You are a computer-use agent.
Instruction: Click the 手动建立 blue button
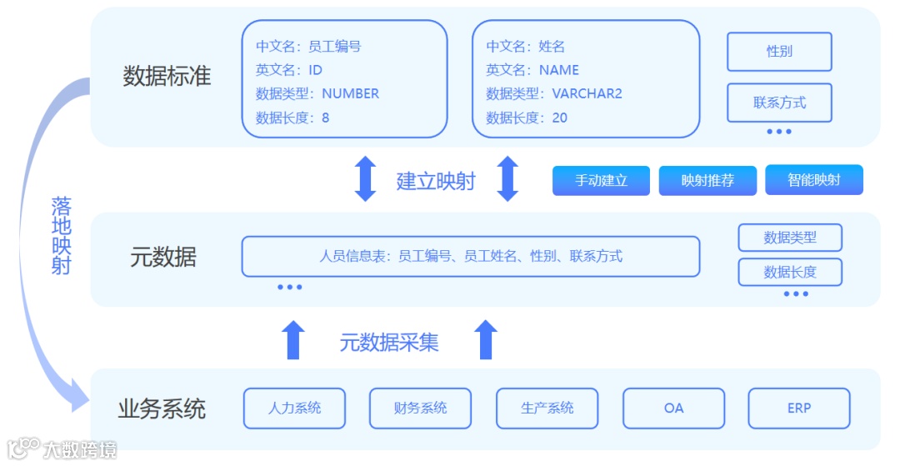point(601,180)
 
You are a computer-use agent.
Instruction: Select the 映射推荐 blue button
point(707,180)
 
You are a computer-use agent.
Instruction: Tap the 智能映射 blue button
point(813,180)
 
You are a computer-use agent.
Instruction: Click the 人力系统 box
point(294,408)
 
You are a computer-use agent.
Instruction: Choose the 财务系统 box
point(420,408)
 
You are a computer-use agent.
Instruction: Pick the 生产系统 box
point(547,408)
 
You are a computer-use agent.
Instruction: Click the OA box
point(673,408)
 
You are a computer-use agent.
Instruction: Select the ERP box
point(798,408)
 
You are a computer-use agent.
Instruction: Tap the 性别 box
point(779,52)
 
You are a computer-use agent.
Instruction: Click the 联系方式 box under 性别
point(779,103)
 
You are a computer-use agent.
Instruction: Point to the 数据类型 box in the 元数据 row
point(790,238)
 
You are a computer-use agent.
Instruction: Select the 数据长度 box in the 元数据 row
point(790,272)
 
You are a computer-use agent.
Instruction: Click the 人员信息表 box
point(470,256)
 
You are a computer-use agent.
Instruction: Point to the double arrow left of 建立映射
point(365,178)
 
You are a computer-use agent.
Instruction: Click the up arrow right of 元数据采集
point(485,339)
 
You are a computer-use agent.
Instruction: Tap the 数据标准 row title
point(167,77)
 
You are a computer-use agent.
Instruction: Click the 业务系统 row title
point(162,409)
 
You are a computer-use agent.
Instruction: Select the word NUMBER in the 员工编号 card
point(350,93)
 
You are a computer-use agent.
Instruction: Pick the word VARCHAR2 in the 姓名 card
point(587,93)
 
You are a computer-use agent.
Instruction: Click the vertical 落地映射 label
point(61,236)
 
